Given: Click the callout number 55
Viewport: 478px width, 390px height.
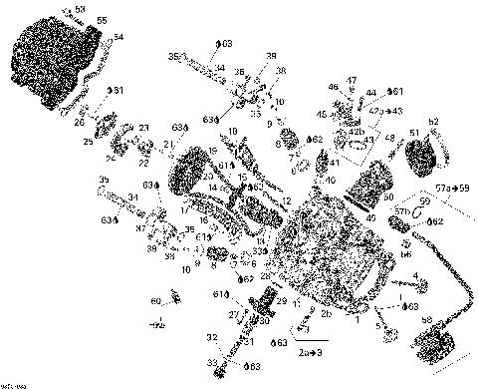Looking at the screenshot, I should tap(102, 20).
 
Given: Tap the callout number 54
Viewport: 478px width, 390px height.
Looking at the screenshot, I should tap(119, 37).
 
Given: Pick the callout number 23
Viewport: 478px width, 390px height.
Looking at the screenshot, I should tap(143, 128).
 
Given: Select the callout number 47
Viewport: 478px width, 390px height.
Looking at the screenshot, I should tap(353, 79).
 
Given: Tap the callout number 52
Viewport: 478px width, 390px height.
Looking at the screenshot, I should tap(433, 122).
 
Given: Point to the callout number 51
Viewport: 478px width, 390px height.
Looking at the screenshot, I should tap(414, 132).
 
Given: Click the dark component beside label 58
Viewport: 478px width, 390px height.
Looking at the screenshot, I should tap(436, 350).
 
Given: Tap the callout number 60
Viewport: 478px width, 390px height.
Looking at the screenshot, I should tap(154, 300).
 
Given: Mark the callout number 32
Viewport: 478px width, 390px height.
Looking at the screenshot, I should tap(212, 338).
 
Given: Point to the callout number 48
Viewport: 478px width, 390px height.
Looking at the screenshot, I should tap(389, 151).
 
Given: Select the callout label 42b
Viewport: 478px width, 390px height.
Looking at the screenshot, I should tap(355, 131).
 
